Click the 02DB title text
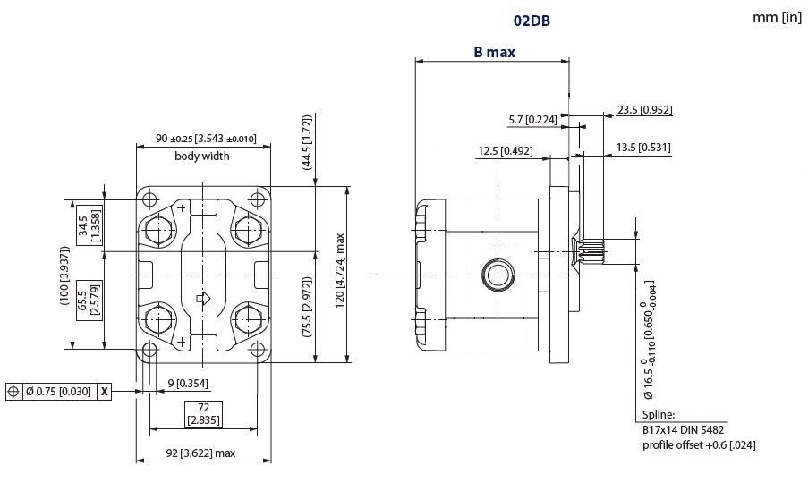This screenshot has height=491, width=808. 532,18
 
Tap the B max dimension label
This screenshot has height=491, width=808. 494,52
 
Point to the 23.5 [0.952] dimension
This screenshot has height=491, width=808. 644,110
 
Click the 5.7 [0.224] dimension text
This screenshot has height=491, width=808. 532,120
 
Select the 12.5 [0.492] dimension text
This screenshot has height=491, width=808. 505,151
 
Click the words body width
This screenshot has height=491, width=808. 201,156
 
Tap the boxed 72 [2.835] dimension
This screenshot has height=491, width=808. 203,413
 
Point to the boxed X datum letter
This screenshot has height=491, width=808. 105,392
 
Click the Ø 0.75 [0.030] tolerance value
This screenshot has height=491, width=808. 57,392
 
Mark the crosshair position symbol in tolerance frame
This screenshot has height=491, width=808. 13,392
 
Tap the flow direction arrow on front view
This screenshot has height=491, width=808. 203,299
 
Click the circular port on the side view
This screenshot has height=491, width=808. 493,275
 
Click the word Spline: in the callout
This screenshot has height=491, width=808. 659,416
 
